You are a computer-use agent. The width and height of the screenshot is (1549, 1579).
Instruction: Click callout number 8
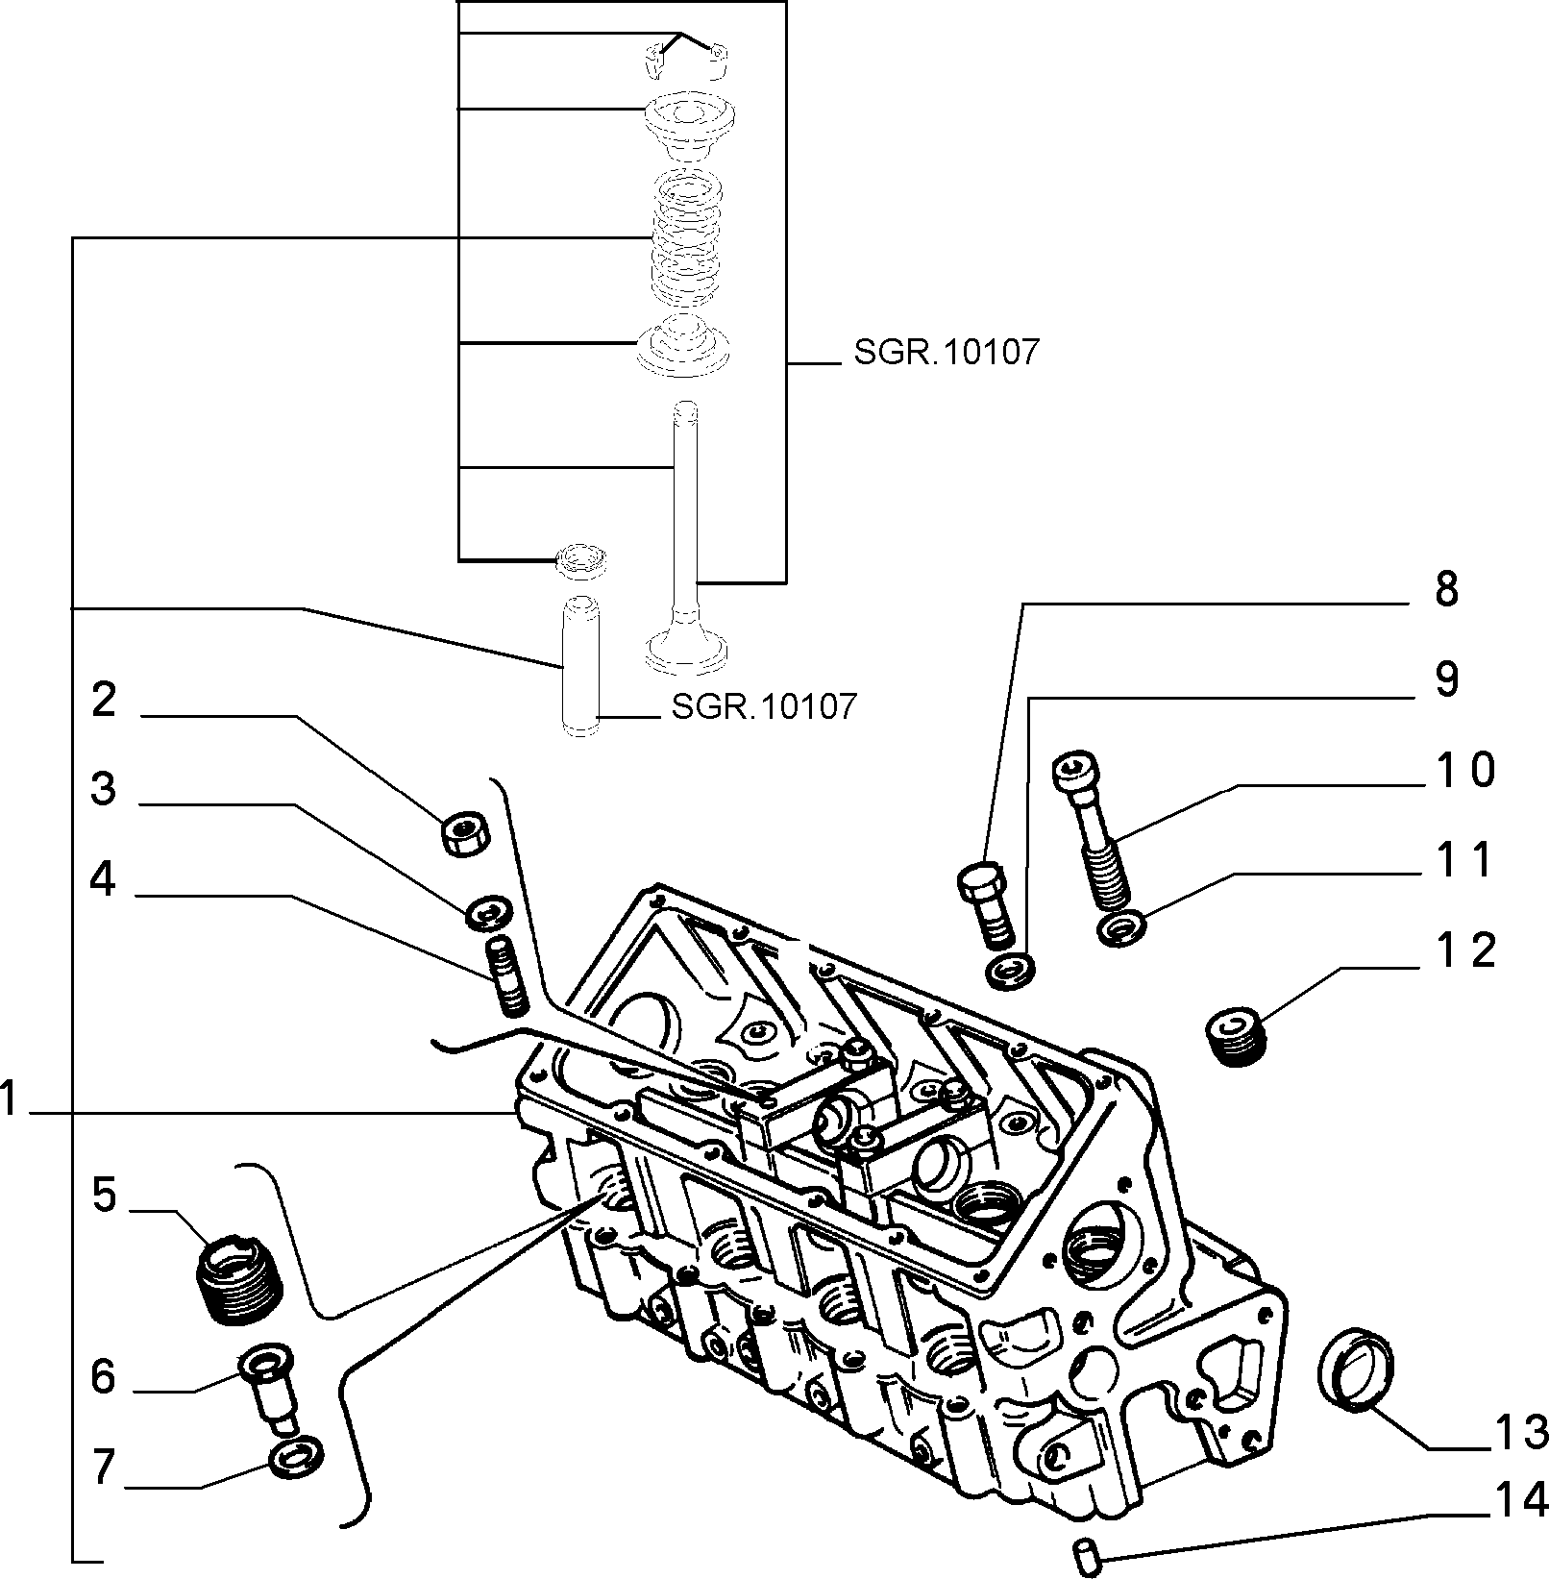(x=1445, y=589)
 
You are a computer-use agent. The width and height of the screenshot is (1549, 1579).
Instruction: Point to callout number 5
(x=105, y=1196)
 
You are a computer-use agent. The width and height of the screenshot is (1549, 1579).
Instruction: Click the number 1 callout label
(x=10, y=1098)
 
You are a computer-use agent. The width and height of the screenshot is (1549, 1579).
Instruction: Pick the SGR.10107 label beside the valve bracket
(x=946, y=353)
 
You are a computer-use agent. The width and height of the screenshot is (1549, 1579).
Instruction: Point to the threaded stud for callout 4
(x=508, y=977)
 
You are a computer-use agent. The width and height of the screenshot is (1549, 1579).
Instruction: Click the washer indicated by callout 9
(x=1011, y=971)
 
